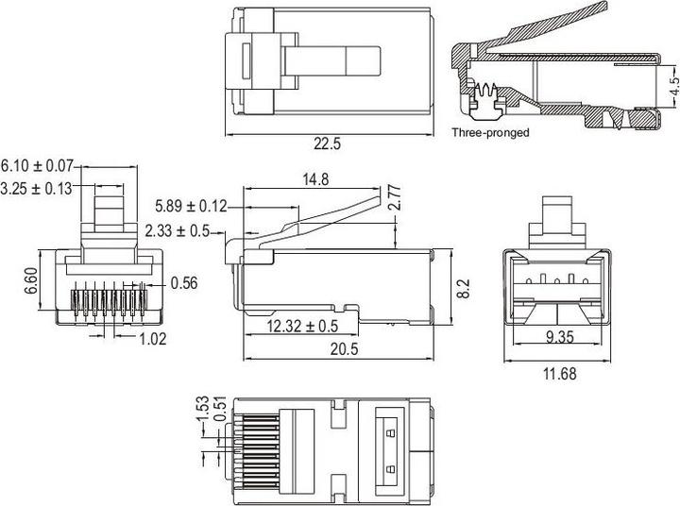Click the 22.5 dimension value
tap(327, 144)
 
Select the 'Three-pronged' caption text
tap(490, 133)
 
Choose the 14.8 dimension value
tap(315, 179)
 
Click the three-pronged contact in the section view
tap(488, 97)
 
